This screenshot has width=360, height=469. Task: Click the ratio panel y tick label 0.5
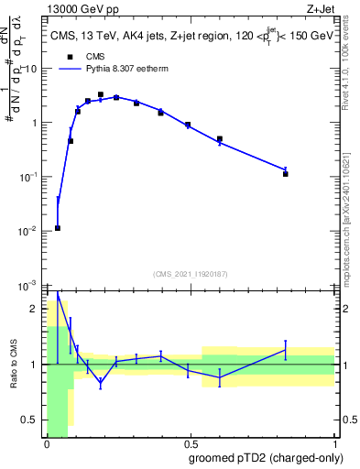click(x=32, y=420)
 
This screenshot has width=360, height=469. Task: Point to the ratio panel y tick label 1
click(x=37, y=365)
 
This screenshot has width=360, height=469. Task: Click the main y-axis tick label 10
click(x=32, y=69)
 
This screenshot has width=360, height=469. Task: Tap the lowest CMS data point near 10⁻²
click(x=58, y=228)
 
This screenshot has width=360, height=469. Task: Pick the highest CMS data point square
click(x=101, y=94)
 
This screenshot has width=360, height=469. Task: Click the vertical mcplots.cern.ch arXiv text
click(x=351, y=211)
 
